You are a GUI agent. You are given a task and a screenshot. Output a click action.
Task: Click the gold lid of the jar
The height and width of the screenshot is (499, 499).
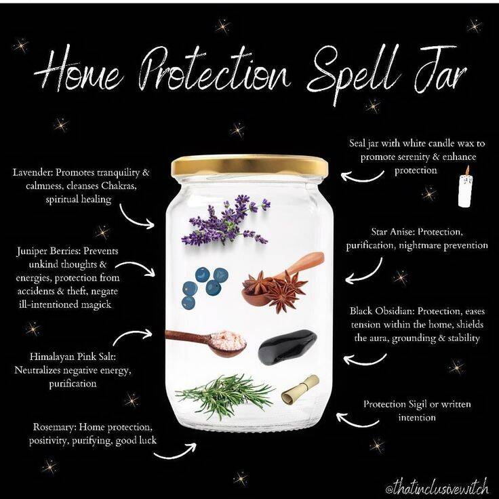(x=249, y=166)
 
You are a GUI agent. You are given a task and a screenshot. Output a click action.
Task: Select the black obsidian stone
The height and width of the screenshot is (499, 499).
(x=287, y=347)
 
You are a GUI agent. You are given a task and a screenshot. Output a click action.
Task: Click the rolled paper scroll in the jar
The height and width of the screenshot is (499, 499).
(x=300, y=390)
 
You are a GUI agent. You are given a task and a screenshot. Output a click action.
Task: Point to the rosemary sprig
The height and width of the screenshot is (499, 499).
(x=225, y=395)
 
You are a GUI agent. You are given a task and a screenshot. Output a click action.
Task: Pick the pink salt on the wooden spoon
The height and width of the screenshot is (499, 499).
(x=228, y=340)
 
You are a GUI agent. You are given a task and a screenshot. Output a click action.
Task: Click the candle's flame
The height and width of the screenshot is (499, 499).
(x=467, y=170)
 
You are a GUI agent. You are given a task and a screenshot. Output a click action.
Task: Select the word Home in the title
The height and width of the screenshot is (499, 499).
(x=79, y=71)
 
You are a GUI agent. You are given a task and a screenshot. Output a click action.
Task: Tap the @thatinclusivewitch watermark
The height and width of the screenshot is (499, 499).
(x=437, y=487)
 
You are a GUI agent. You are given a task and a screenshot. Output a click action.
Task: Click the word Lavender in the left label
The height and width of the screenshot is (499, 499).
(x=33, y=172)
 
